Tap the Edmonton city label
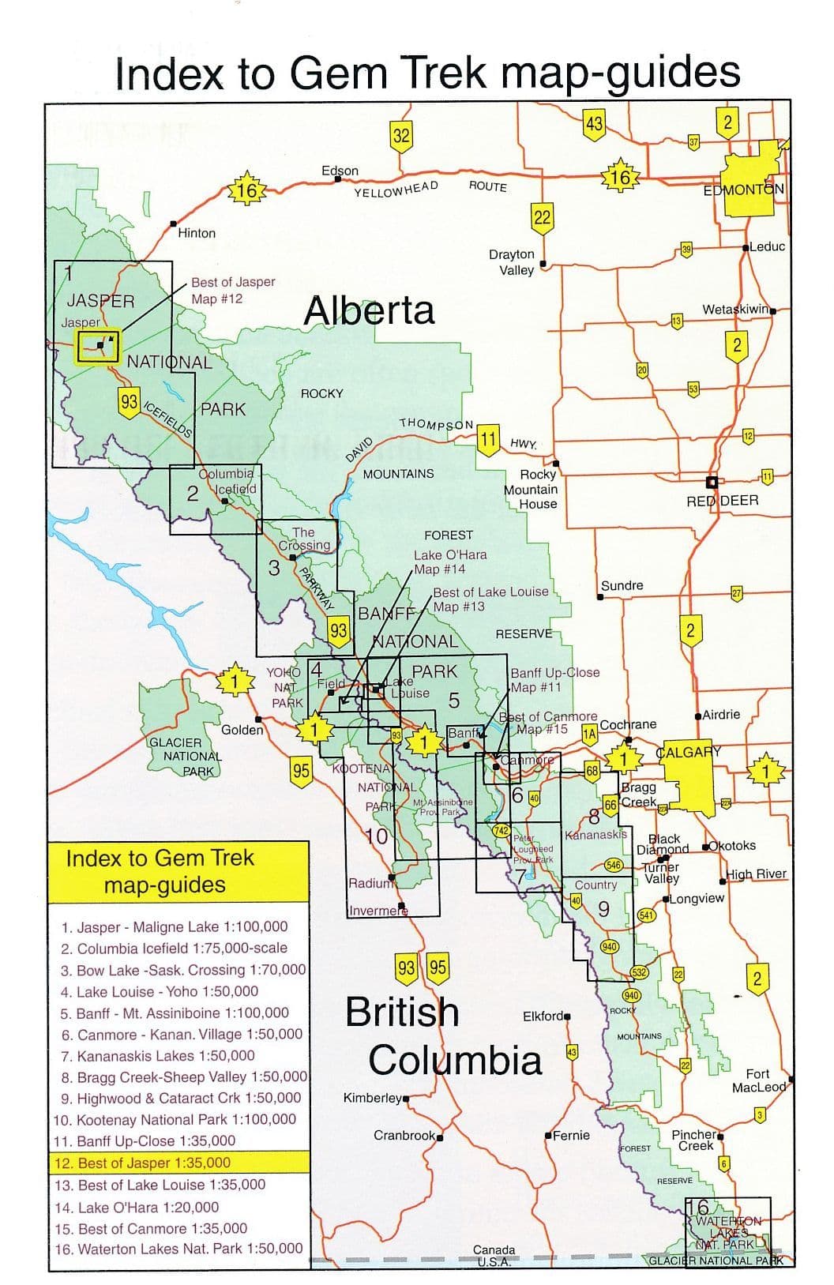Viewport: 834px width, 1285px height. tap(744, 190)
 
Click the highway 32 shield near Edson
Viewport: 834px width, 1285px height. tap(402, 135)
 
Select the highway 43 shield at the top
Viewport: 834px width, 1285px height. tap(594, 124)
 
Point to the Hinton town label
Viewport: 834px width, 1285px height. tap(197, 233)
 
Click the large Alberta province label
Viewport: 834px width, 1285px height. tap(370, 310)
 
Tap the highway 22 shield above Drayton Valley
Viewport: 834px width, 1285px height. tap(542, 217)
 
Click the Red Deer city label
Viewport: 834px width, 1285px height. tap(722, 500)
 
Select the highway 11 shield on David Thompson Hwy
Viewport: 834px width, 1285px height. tap(488, 438)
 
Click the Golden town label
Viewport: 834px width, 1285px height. tap(242, 730)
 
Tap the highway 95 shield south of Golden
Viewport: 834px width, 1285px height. tap(301, 770)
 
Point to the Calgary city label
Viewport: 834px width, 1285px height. tap(689, 751)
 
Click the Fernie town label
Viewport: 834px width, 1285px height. tap(571, 1135)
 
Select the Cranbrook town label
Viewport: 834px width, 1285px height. tap(404, 1135)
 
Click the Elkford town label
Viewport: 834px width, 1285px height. tap(543, 1016)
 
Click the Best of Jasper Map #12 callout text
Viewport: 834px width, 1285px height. tap(233, 290)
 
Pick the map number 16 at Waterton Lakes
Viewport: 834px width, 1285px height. tap(698, 1207)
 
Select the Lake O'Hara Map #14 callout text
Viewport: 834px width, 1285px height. tap(450, 562)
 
